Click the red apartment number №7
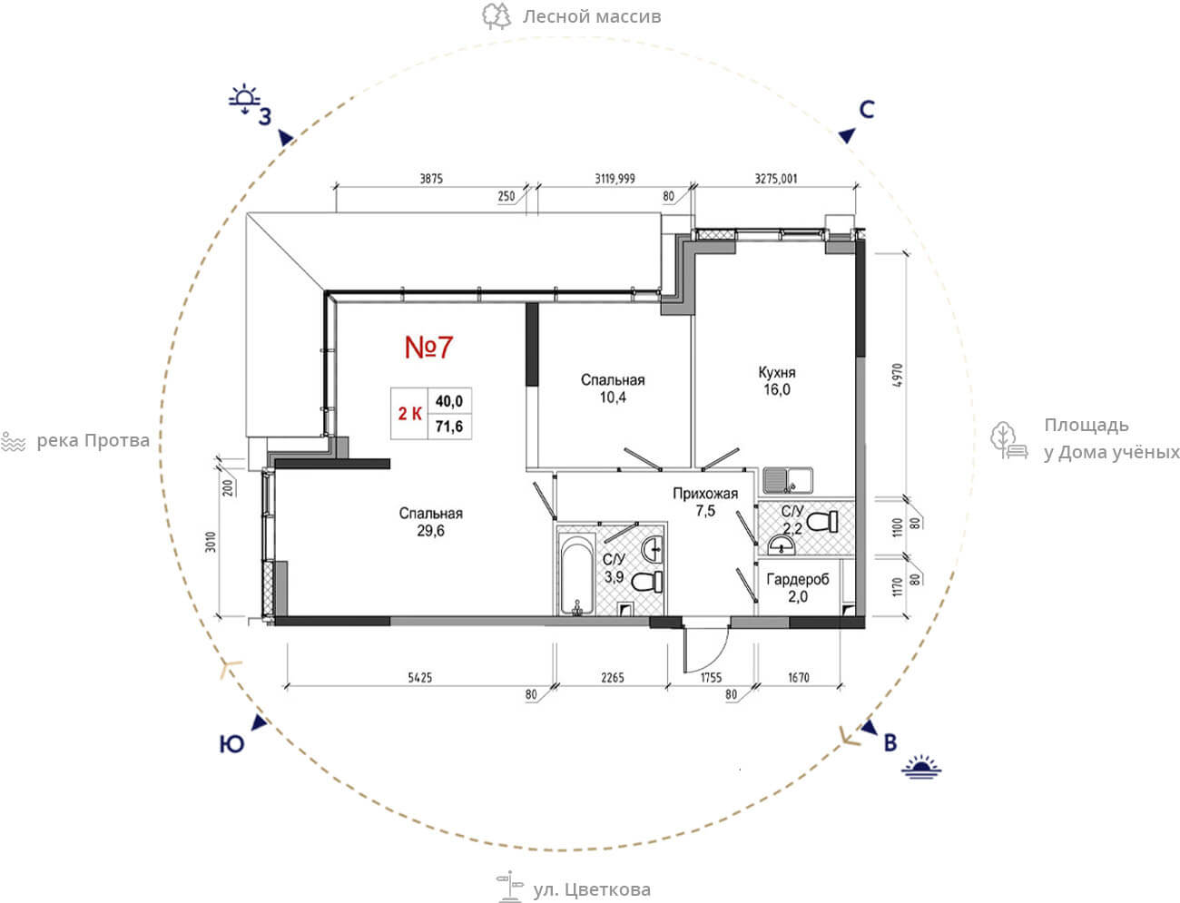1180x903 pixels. coord(428,347)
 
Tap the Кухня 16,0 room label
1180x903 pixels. coord(777,381)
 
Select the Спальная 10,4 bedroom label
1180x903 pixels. coord(613,388)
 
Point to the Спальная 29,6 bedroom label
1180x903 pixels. coord(430,522)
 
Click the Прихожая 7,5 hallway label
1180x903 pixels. coord(705,502)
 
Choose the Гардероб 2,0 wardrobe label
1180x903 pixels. coord(798,587)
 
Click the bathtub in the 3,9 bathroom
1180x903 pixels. coord(576,573)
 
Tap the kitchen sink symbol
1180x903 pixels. coord(788,480)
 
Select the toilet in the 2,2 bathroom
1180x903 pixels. coord(822,521)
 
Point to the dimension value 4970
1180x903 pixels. coord(897,376)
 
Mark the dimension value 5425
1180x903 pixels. coord(420,678)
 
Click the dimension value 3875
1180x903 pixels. coord(431,179)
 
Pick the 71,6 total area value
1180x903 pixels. coord(449,427)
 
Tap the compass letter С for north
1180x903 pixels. coord(867,110)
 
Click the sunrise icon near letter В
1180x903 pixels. coord(921,767)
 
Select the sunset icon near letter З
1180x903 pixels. coord(244,100)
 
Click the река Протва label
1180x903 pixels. coord(93,441)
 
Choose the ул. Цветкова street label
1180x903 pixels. coord(592,889)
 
